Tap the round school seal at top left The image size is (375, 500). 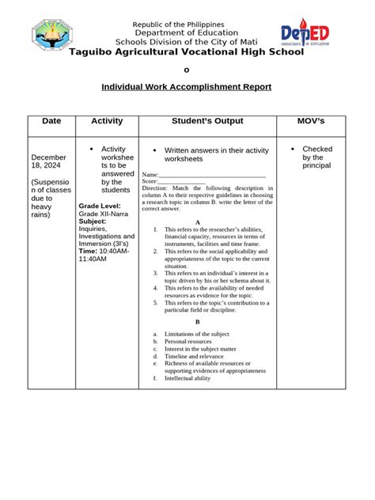[57, 36]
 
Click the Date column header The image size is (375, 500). [51, 121]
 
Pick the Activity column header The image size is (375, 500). [108, 121]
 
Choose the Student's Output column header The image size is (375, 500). [207, 121]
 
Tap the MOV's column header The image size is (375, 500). [310, 121]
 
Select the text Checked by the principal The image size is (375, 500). [316, 157]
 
